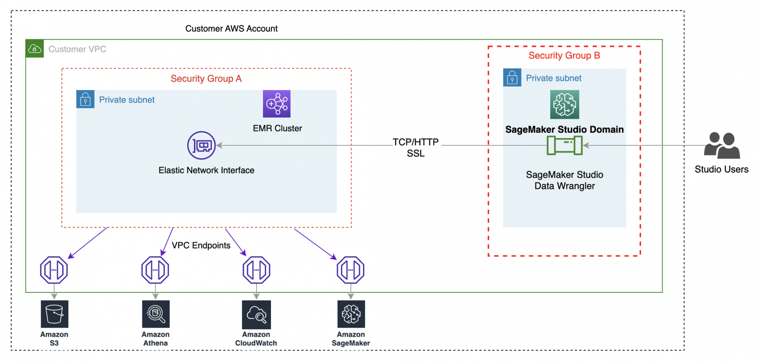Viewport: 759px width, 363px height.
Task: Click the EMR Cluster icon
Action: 277,104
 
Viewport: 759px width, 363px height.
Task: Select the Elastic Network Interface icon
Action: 202,145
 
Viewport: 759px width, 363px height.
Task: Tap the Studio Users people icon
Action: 722,145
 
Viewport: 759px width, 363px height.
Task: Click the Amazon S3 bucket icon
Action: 55,314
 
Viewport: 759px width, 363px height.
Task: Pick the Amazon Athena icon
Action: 156,314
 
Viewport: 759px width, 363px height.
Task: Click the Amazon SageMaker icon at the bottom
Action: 351,314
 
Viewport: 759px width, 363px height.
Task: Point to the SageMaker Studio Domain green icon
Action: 565,104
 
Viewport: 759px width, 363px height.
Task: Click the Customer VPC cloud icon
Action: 35,49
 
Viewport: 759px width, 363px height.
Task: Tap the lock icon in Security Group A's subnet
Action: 85,100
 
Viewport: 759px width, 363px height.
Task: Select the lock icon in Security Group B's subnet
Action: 512,78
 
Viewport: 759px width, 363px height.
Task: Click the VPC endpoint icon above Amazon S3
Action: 54,270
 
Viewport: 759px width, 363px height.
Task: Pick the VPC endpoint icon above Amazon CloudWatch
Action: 257,270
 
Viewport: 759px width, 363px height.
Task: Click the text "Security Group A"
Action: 206,79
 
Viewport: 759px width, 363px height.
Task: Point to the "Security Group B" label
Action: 564,56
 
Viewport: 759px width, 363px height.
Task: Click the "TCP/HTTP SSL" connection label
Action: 416,147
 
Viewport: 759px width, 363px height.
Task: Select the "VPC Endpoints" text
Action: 201,245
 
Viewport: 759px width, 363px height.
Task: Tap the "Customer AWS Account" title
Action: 231,28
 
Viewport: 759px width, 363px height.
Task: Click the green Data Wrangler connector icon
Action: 565,145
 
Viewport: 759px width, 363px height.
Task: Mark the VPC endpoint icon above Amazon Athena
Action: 155,270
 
